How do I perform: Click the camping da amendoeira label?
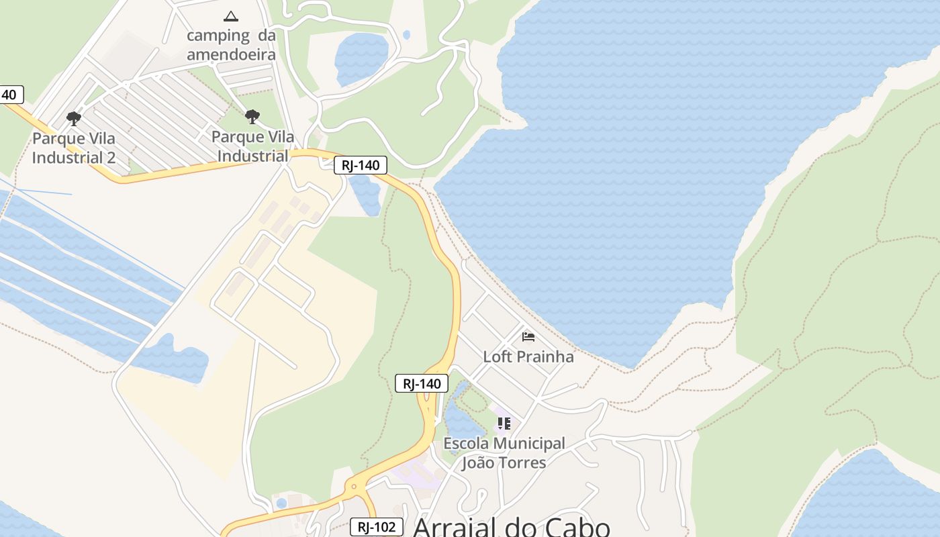231,45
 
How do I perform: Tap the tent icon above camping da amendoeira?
231,16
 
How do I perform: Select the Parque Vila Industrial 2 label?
74,148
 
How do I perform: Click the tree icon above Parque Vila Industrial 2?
74,119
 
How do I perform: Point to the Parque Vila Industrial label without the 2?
253,146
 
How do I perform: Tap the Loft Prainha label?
528,356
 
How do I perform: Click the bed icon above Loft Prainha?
528,336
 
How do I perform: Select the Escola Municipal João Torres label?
504,453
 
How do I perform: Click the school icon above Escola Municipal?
504,424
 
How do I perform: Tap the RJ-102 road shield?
377,527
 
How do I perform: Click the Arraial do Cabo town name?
511,527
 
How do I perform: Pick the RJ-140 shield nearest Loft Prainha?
421,383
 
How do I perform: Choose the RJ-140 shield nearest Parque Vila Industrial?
361,165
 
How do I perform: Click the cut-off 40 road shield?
10,95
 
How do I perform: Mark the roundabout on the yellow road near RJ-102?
354,487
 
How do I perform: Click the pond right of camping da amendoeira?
361,58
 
